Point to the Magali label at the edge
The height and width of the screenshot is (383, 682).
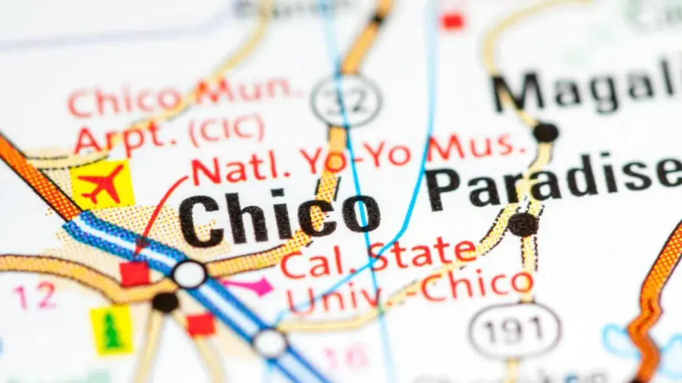point(585,91)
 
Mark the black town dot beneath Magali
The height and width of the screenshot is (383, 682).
point(546,132)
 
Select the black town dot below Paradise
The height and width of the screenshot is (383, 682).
point(522,225)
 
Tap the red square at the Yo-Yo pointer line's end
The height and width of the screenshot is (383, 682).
point(134,274)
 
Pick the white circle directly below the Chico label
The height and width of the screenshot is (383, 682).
point(189,274)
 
